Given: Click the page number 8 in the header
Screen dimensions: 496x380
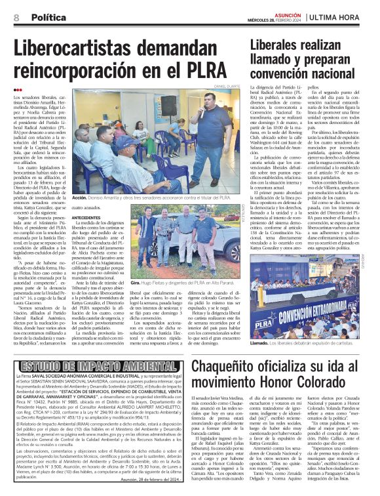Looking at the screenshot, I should (16, 18).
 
